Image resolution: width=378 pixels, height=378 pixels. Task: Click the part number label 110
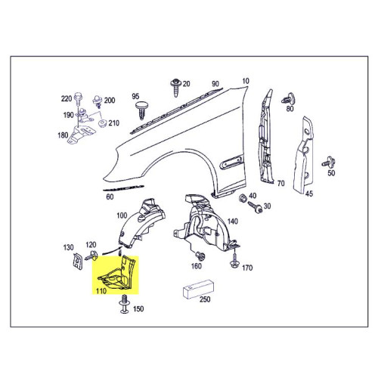101,291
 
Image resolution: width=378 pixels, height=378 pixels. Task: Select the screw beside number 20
175,88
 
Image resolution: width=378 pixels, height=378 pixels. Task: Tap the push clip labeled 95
142,110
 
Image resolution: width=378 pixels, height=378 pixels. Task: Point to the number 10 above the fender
246,81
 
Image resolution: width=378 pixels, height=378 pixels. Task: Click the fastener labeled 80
289,98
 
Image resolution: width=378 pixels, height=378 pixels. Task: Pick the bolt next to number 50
329,162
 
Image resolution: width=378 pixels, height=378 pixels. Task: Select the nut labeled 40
243,198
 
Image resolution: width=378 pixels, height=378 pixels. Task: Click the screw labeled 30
256,207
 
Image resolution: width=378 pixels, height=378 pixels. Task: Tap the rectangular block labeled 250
198,289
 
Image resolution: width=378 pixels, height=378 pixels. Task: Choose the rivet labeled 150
124,304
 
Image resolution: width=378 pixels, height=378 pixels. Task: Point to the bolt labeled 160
200,256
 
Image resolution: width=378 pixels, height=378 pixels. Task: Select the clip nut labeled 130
76,261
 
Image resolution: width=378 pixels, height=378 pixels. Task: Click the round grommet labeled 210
102,124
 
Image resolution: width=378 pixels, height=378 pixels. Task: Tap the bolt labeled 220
79,99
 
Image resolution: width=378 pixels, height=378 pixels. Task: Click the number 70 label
280,183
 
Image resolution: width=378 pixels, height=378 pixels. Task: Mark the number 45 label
309,194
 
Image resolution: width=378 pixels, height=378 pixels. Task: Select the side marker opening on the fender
231,162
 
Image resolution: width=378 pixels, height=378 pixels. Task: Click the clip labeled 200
97,101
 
